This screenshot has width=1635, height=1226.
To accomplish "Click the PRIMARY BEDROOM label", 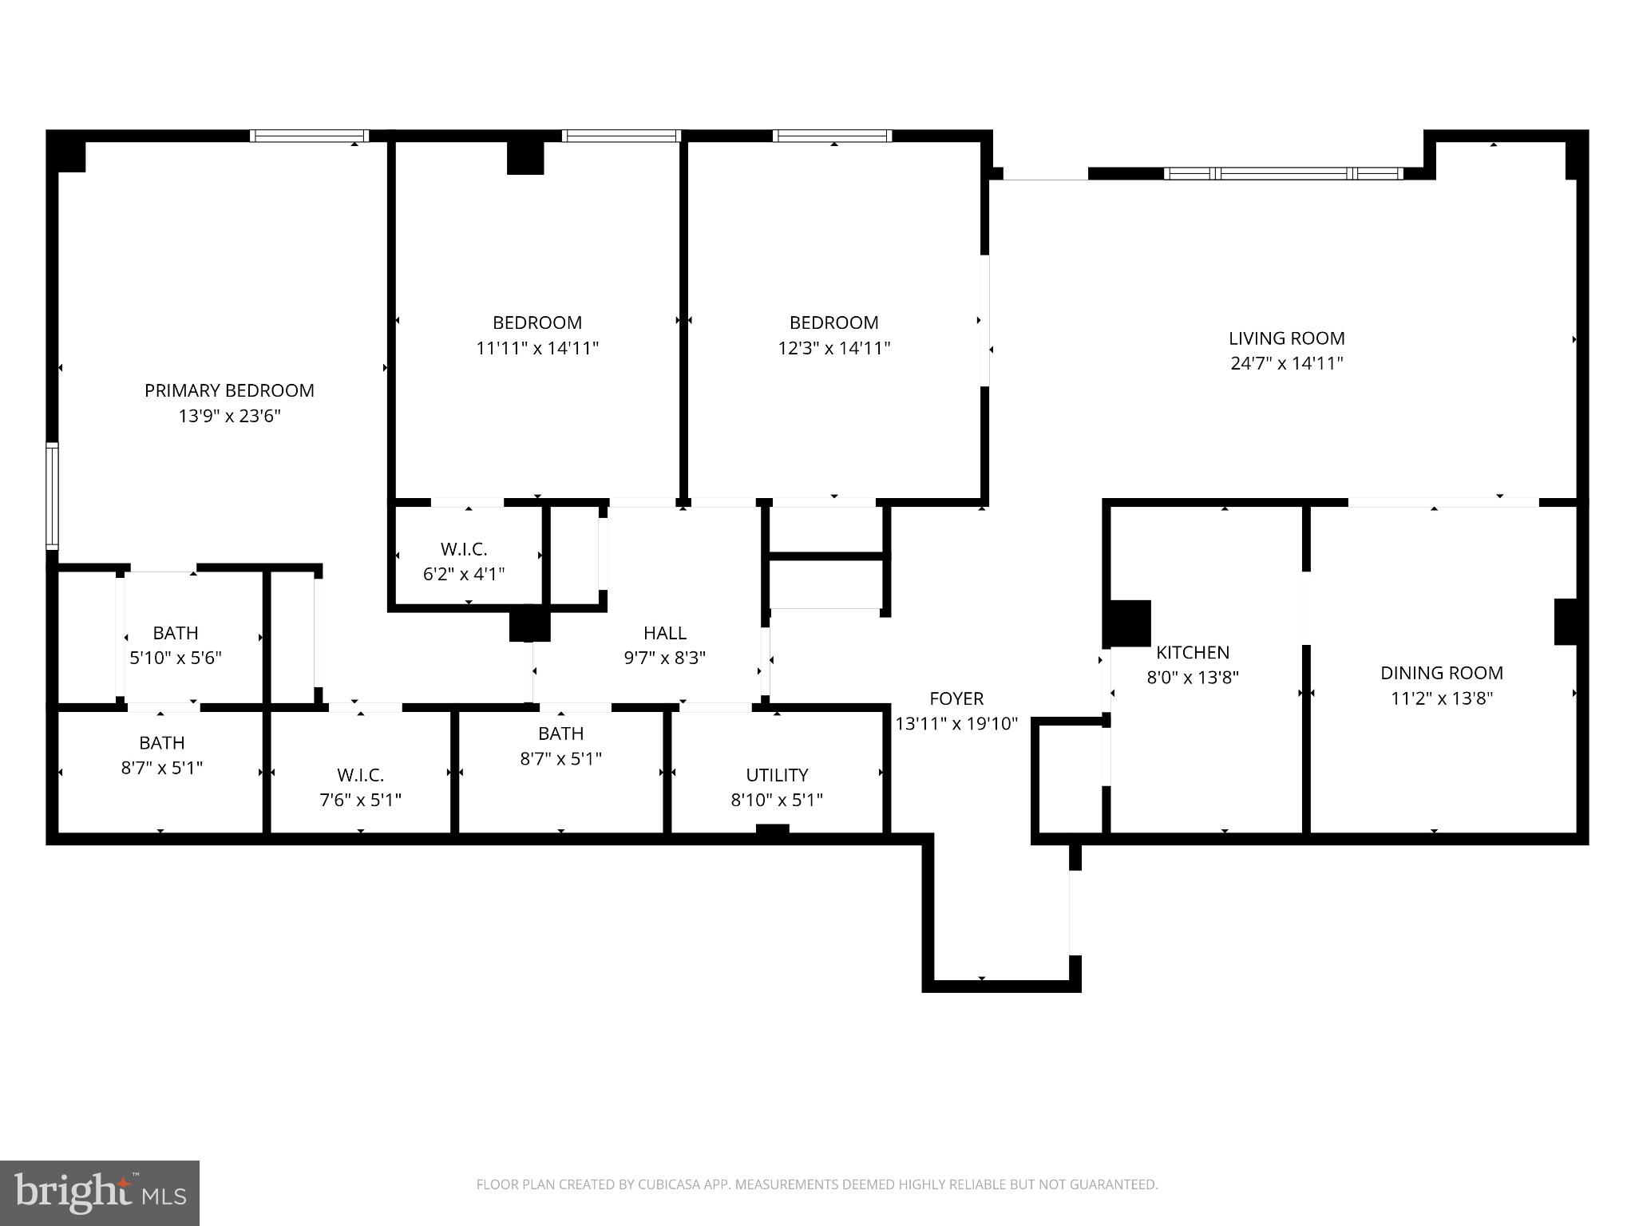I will [229, 390].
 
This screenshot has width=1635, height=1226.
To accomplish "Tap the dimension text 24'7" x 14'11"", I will [1286, 363].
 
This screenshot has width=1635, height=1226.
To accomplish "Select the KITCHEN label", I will [1193, 652].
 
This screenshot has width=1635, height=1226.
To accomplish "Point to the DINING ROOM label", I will [1441, 673].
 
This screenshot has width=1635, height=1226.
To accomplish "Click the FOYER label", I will [956, 698].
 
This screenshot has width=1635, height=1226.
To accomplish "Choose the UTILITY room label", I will [777, 775].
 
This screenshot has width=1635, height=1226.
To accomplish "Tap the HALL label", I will [664, 633].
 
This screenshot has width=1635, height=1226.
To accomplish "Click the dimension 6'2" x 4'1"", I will [464, 574].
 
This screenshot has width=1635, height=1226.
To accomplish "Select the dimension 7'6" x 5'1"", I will [360, 800].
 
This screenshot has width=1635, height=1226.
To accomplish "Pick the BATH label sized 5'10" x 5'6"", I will [176, 633].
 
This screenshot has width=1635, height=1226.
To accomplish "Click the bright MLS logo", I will [100, 1193].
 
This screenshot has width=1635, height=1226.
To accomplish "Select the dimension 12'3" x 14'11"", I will [833, 348].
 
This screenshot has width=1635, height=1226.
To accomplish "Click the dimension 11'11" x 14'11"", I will [536, 348].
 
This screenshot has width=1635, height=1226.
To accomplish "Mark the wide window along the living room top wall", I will [1283, 173].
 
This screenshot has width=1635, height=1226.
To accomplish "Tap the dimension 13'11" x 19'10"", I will [956, 724].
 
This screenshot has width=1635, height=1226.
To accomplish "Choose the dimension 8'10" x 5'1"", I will [777, 800].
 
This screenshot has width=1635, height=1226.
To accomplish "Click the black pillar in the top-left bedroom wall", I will [525, 157].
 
